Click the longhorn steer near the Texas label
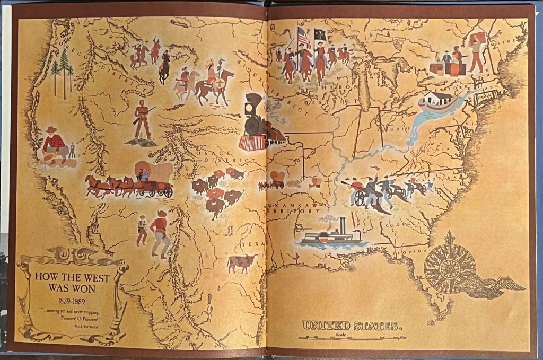point(241,262)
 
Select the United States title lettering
point(349,325)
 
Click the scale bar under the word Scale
point(352,337)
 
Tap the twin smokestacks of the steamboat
point(343,225)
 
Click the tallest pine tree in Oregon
point(64,69)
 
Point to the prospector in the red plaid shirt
point(54,145)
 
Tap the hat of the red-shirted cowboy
point(162,213)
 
